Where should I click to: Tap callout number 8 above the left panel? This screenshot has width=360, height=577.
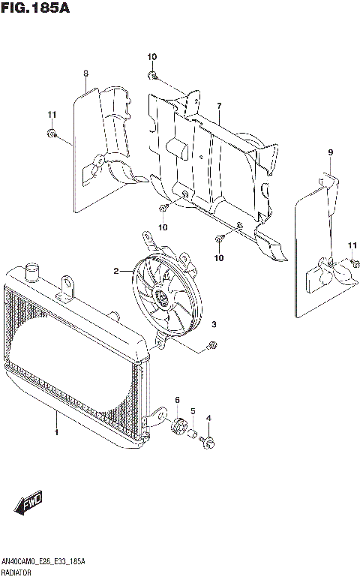tap(86, 73)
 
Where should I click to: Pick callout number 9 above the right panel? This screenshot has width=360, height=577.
tap(329, 153)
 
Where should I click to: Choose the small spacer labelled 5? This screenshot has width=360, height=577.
tap(192, 433)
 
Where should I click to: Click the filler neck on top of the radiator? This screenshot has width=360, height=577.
tap(32, 269)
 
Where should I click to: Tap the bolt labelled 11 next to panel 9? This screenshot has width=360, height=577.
tap(351, 263)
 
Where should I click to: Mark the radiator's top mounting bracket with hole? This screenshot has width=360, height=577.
tap(68, 286)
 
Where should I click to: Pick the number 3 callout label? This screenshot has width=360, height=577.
tap(214, 325)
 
